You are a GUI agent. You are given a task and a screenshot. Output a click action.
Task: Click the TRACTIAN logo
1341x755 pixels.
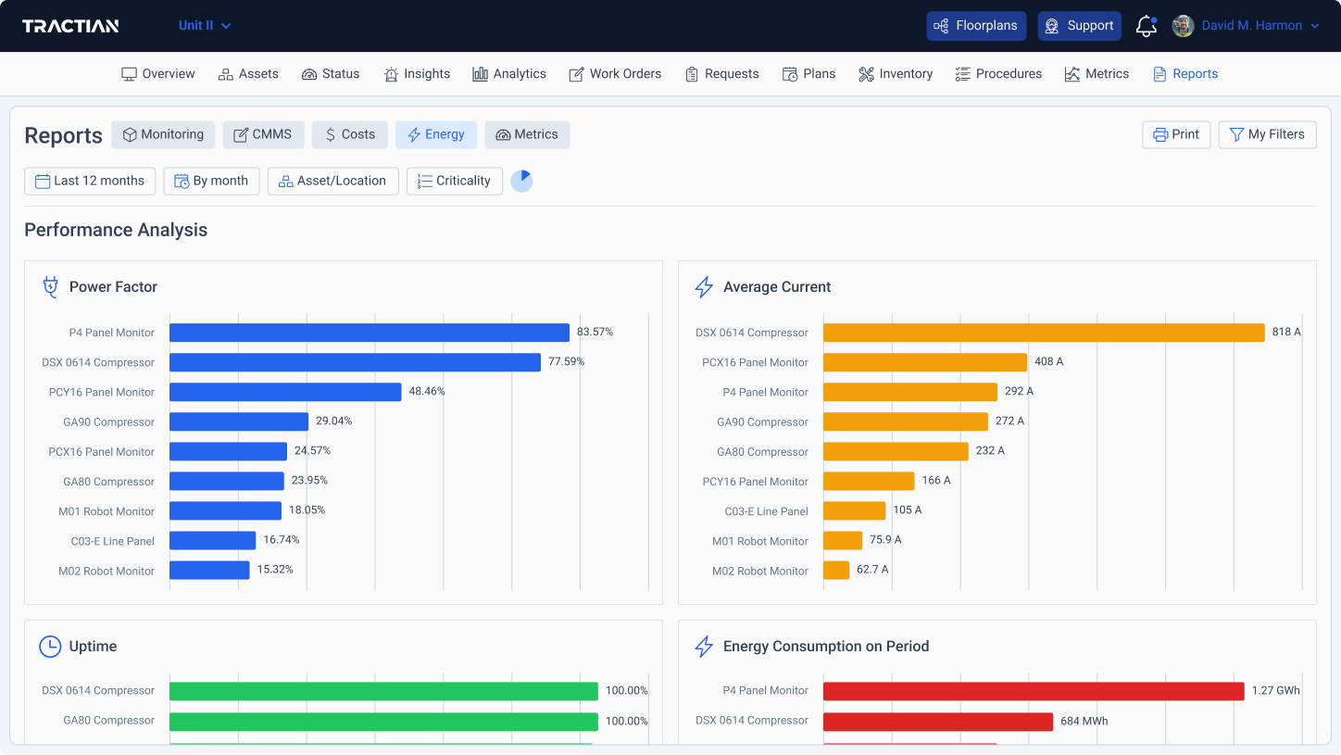(x=70, y=26)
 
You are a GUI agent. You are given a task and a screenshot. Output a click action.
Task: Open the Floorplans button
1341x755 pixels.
(x=976, y=26)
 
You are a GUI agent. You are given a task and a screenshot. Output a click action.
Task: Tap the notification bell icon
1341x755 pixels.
(x=1146, y=26)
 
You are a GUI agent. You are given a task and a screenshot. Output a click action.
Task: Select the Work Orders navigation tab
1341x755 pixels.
(x=615, y=74)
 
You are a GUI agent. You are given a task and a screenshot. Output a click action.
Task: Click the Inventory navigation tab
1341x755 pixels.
(x=895, y=74)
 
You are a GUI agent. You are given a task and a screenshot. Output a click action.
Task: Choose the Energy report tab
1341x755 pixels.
(x=435, y=134)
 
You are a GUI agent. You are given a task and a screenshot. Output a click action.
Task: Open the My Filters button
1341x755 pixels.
(x=1266, y=134)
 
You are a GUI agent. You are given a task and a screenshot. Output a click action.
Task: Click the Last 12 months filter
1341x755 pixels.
(x=90, y=181)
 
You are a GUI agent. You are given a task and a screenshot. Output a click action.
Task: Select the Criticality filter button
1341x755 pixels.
(x=454, y=181)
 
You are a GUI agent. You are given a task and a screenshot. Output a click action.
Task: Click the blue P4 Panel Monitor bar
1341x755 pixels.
(x=369, y=333)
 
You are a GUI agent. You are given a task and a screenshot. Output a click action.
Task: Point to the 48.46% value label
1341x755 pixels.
(x=427, y=392)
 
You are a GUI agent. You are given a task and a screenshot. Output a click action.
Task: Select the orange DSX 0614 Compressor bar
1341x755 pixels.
(x=1043, y=333)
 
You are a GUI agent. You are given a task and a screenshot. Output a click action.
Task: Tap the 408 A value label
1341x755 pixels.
(x=1048, y=362)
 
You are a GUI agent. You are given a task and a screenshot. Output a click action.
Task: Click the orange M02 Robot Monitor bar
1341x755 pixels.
(x=835, y=571)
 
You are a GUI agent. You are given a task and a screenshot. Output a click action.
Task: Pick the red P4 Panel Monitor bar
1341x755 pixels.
(x=1033, y=691)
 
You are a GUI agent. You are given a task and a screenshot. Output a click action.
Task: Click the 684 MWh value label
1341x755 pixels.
(x=1084, y=721)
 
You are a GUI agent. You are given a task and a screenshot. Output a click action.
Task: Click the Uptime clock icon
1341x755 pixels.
(x=50, y=647)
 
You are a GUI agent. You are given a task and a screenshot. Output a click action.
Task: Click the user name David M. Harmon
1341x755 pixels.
(x=1251, y=26)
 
